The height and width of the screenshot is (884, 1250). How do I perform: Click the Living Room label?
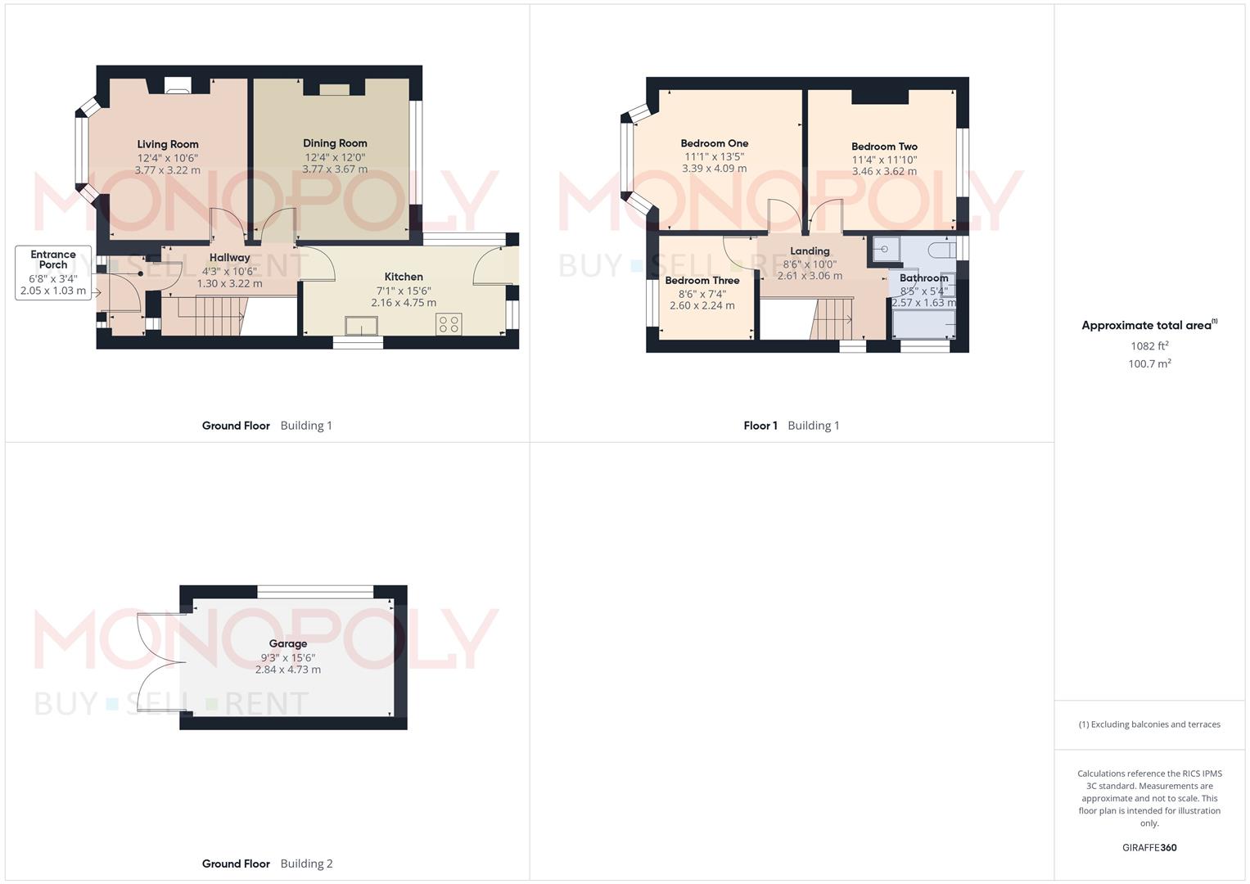click(168, 144)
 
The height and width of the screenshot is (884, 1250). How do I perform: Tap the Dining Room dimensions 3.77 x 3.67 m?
click(335, 169)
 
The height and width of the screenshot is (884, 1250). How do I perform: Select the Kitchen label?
click(404, 277)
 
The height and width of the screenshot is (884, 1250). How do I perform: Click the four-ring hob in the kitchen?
click(449, 324)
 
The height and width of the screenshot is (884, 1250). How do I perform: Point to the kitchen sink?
click(362, 326)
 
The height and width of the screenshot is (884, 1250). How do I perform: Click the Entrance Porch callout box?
click(53, 273)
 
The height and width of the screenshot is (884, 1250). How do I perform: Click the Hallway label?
click(229, 258)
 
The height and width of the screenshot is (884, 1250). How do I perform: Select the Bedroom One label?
click(715, 143)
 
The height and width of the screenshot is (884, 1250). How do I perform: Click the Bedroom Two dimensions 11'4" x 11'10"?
click(884, 160)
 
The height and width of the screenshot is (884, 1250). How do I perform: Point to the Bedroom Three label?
click(702, 281)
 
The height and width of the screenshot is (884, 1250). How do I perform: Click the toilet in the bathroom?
click(942, 249)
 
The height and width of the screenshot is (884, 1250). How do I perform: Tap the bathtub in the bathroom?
click(924, 325)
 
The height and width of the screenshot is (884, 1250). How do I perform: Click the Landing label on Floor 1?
click(810, 251)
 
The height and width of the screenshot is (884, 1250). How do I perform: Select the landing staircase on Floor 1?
click(832, 318)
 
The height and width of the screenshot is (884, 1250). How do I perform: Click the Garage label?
click(288, 644)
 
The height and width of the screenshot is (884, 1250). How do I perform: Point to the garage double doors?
click(161, 662)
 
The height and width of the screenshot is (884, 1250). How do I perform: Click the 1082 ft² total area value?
click(1149, 346)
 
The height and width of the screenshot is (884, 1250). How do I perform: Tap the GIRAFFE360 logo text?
click(1149, 848)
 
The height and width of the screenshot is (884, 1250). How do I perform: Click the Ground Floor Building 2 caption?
click(268, 864)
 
